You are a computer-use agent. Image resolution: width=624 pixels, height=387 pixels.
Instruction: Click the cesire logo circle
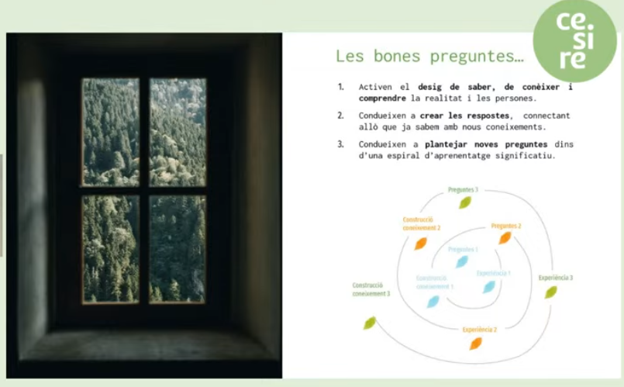tap(574, 40)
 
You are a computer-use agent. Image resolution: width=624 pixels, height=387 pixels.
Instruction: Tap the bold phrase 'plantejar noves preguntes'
tap(486, 144)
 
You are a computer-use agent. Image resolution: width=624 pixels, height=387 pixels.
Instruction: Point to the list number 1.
tap(340, 87)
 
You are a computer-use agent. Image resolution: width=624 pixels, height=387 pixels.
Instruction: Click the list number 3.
tap(340, 144)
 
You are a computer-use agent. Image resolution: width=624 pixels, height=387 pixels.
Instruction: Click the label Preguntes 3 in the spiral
tap(463, 189)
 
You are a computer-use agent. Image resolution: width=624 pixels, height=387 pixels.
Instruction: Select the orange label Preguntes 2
tap(505, 226)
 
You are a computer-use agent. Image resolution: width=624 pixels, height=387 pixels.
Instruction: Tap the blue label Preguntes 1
tap(463, 249)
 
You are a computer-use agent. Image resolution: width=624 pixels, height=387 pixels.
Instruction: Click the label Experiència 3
tap(555, 277)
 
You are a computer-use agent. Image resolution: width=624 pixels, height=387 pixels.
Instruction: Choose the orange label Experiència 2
tap(480, 330)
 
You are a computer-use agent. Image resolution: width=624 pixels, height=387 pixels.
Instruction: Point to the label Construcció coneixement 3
tap(371, 289)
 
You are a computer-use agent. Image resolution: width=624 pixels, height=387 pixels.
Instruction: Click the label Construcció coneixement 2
tap(421, 223)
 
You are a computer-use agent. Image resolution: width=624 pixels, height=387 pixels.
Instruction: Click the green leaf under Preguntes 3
tap(464, 202)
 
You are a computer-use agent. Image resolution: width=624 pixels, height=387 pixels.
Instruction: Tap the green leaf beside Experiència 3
tap(550, 292)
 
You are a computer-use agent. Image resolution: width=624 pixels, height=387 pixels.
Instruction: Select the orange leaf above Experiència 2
tap(475, 343)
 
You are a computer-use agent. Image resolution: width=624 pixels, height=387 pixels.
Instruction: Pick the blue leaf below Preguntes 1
tap(462, 262)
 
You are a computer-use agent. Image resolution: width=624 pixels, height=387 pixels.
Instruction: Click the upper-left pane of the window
tap(111, 132)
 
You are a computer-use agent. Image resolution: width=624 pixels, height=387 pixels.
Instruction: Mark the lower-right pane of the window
tap(178, 248)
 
